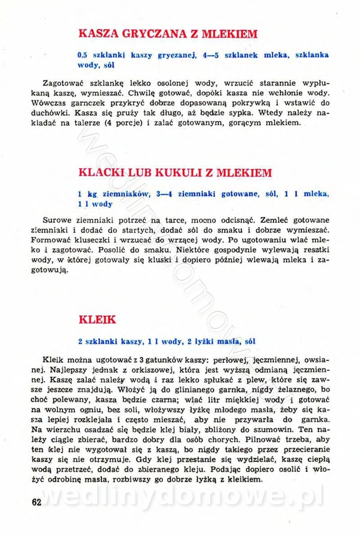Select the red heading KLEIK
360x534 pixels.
pos(97,320)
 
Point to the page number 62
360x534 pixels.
pos(36,502)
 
